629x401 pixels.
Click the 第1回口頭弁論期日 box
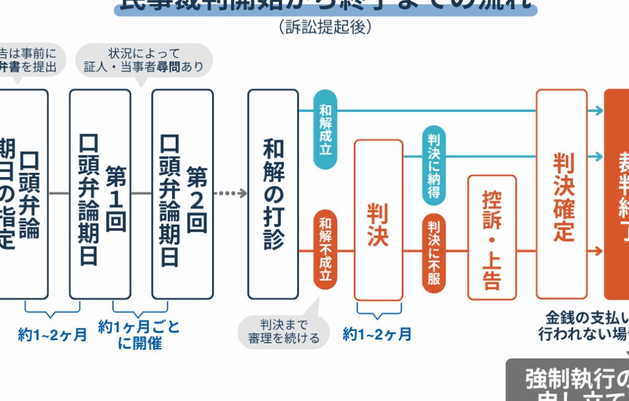[x=100, y=194]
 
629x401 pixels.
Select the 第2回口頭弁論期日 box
[x=182, y=194]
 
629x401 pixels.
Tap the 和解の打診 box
[x=273, y=194]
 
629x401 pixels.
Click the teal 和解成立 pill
[x=325, y=129]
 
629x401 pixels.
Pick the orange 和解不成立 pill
[x=325, y=249]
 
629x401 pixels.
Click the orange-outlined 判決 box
[x=378, y=220]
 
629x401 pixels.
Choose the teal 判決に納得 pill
[x=434, y=165]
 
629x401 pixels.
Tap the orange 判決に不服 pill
[x=434, y=253]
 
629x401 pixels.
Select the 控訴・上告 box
[x=492, y=237]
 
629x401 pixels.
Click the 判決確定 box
[x=561, y=194]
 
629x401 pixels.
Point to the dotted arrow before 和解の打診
[x=232, y=194]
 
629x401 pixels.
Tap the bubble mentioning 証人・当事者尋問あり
[x=144, y=60]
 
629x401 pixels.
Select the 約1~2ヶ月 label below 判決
[x=377, y=335]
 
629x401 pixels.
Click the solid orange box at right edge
[x=617, y=194]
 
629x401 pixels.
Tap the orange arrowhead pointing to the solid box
[x=596, y=252]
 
